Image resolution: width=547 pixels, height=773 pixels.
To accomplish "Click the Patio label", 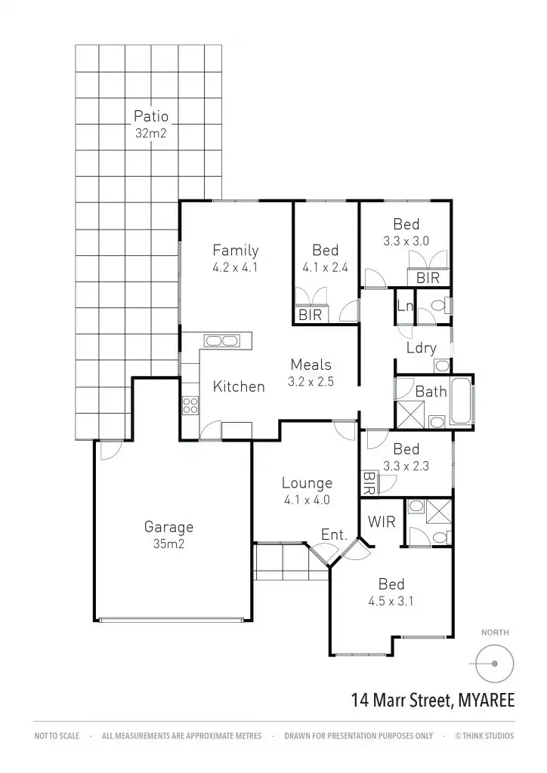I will coord(151,116).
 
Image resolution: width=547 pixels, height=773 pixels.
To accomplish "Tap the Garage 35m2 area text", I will coord(169,542).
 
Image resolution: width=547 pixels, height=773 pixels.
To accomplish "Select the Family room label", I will coord(235,250).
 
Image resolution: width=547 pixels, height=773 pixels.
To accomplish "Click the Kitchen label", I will coord(239,386).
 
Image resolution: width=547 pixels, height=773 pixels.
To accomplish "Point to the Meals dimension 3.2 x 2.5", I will coord(311,382).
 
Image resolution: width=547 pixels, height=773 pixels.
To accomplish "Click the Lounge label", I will coord(307,483).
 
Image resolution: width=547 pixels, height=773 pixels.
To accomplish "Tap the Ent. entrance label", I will coord(334,535).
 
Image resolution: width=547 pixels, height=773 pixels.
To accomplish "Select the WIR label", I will coord(382,522).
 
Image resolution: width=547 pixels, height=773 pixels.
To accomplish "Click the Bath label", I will coord(431,392).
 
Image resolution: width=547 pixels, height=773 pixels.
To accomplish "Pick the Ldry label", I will coord(421,348).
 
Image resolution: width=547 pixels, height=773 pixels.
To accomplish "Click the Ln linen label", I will coord(404,306).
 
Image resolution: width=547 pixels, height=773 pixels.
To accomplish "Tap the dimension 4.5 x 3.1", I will coord(391,602).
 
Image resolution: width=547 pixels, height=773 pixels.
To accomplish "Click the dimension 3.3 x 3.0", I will coord(406,242).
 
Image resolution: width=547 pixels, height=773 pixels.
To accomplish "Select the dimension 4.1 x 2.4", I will coord(325,266).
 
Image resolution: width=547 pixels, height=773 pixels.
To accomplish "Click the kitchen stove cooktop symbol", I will coord(190,405).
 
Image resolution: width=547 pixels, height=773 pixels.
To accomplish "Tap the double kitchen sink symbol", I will coord(221,340).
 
